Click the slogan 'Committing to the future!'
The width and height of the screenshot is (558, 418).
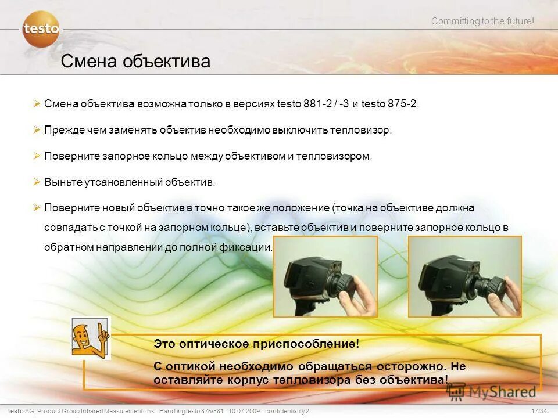[482, 21]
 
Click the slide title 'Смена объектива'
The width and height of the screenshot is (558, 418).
[135, 61]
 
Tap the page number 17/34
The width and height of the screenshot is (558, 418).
[539, 411]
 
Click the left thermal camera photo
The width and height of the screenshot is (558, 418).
[325, 276]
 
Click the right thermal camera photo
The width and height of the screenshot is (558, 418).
[464, 276]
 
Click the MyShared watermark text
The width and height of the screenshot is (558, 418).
[500, 392]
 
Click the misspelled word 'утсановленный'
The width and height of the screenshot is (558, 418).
[119, 182]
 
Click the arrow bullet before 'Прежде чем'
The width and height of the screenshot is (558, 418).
[37, 130]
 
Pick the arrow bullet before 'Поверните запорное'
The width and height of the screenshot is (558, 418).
[37, 156]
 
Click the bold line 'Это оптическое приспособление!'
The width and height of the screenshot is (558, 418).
[256, 344]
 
